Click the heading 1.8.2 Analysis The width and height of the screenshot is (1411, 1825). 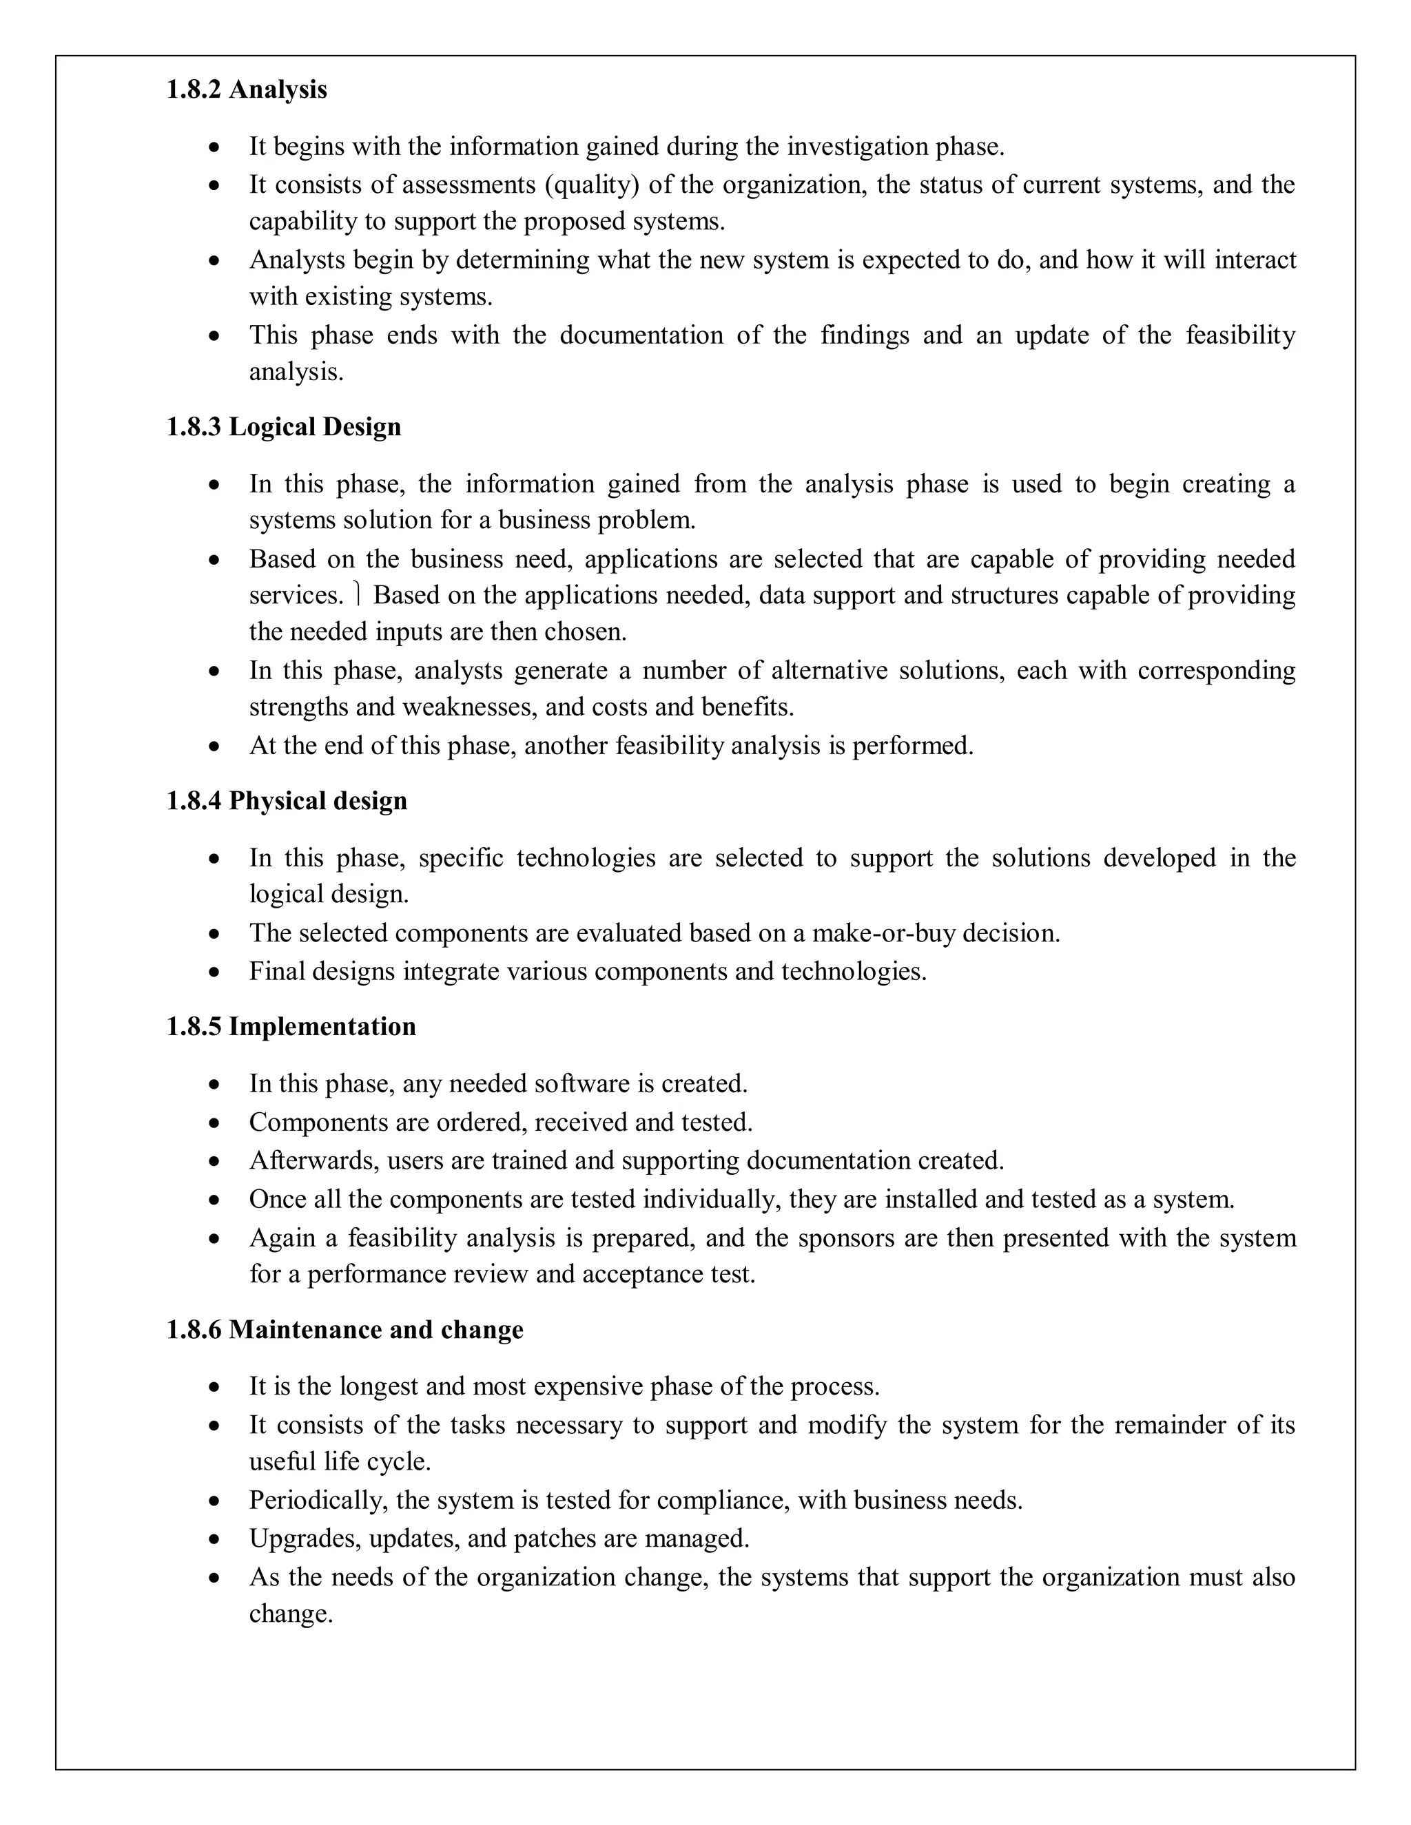click(x=247, y=90)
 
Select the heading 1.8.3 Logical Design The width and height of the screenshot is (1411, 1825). click(x=283, y=427)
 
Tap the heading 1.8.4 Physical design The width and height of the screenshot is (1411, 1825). click(x=287, y=800)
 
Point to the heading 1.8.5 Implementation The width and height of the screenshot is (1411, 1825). click(x=291, y=1026)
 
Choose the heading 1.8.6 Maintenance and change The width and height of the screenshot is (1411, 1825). click(x=344, y=1329)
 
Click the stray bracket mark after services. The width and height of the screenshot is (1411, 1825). click(x=357, y=595)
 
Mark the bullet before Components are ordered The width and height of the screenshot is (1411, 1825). click(x=216, y=1123)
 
